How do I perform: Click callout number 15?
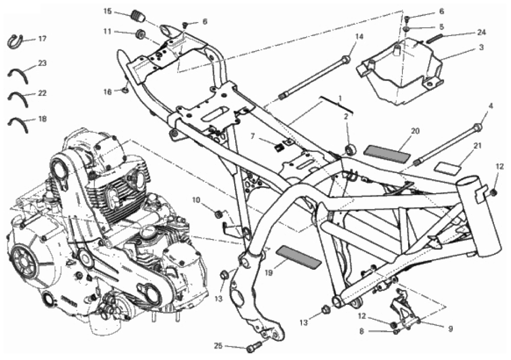[x=108, y=11]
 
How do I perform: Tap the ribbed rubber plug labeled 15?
[x=138, y=16]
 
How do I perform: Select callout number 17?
[x=42, y=39]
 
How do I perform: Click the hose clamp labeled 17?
[x=14, y=41]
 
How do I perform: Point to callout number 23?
[x=43, y=63]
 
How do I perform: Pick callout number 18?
[x=43, y=118]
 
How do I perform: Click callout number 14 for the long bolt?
[x=359, y=37]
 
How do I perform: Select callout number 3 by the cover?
[x=481, y=47]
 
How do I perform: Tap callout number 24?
[x=481, y=32]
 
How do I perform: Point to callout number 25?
[x=218, y=346]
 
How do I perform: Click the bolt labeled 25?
[x=255, y=347]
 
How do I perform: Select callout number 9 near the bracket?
[x=450, y=329]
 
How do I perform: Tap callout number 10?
[x=196, y=200]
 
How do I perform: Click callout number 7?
[x=252, y=136]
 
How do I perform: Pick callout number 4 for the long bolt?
[x=491, y=106]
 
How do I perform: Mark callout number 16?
[x=108, y=92]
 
